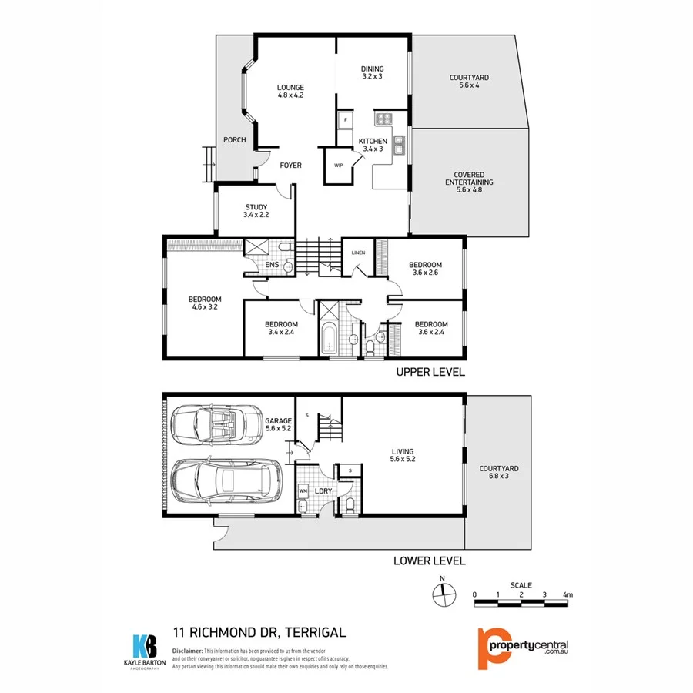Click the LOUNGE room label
click(290, 91)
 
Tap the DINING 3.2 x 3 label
click(372, 72)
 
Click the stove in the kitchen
click(383, 119)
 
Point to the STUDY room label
click(256, 210)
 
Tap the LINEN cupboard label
click(358, 253)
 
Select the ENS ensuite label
click(271, 266)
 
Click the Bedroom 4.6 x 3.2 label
click(205, 303)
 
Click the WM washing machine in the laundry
click(303, 490)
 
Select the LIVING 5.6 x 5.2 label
click(402, 456)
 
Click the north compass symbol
click(442, 594)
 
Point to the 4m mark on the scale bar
click(567, 594)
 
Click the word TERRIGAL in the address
click(315, 633)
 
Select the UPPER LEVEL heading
click(430, 372)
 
